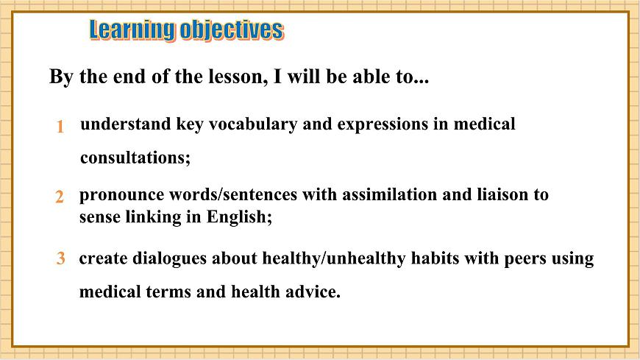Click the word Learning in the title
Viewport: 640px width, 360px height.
point(133,30)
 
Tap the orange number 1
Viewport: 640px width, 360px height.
point(60,127)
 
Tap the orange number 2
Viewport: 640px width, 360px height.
point(60,197)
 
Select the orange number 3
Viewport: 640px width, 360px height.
point(61,259)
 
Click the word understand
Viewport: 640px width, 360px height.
point(125,124)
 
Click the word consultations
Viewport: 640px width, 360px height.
point(135,158)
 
